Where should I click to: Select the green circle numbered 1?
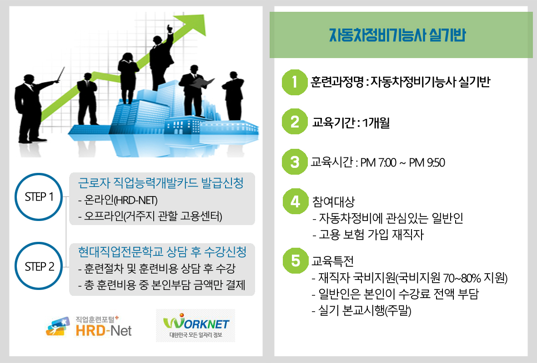295,82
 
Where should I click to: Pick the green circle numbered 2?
295,122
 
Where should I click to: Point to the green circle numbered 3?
295,162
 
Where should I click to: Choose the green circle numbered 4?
295,201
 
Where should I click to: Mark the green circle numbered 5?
295,261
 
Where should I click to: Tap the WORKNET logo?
196,325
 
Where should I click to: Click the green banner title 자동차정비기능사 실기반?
397,35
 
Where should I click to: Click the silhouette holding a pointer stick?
33,106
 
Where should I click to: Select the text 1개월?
376,123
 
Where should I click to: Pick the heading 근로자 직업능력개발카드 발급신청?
161,183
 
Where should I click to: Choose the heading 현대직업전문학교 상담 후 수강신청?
162,252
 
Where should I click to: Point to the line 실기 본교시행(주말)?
361,310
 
